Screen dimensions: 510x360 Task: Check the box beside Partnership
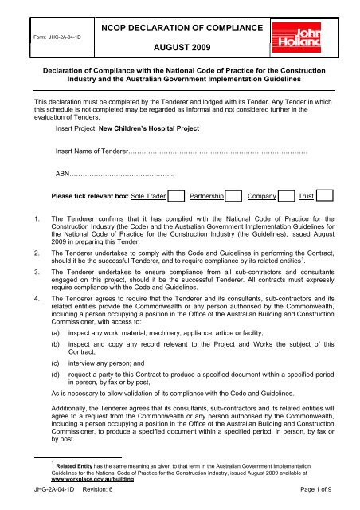(x=234, y=217)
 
